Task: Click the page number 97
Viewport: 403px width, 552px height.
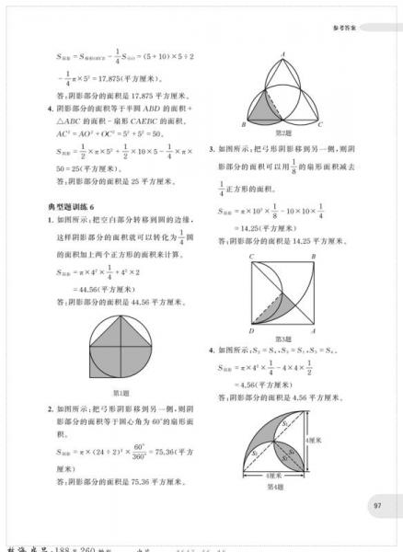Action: pos(378,505)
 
